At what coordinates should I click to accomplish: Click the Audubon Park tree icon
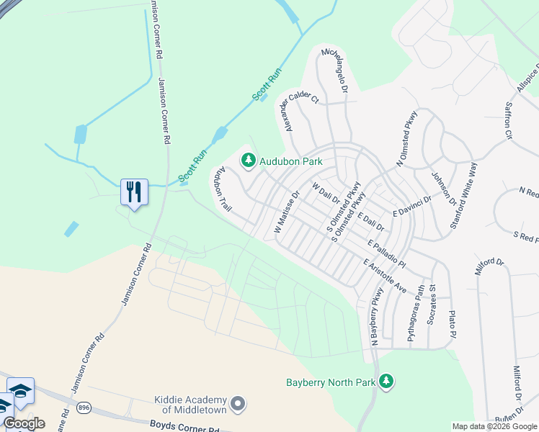tap(249, 160)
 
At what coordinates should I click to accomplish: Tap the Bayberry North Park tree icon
tap(387, 382)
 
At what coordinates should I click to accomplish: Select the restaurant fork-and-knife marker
tap(134, 192)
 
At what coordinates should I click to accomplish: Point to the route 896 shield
tap(84, 407)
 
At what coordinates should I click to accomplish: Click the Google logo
tap(24, 423)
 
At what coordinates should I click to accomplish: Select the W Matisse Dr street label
tap(287, 212)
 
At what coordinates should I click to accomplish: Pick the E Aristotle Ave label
tap(385, 276)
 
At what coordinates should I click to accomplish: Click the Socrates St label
tap(432, 305)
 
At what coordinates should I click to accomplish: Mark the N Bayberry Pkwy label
tap(375, 316)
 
